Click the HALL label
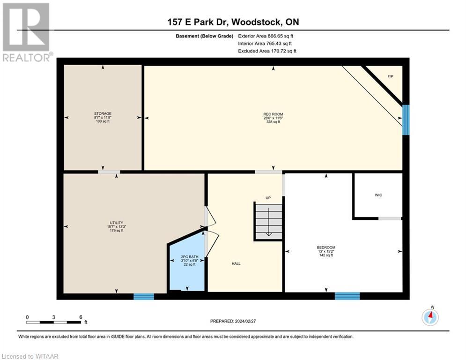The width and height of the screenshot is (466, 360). click(236, 264)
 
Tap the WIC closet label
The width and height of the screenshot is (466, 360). click(378, 195)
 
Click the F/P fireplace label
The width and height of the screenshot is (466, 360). click(390, 76)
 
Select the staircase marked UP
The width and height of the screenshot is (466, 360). click(268, 221)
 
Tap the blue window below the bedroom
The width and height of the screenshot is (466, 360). click(347, 296)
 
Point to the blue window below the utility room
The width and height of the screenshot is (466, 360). click(143, 296)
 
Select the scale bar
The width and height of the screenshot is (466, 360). click(53, 322)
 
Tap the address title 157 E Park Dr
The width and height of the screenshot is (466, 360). click(233, 22)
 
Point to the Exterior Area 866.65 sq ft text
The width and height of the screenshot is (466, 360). click(266, 36)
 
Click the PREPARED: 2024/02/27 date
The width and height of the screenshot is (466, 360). click(233, 321)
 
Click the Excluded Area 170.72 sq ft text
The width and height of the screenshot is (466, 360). click(267, 51)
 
